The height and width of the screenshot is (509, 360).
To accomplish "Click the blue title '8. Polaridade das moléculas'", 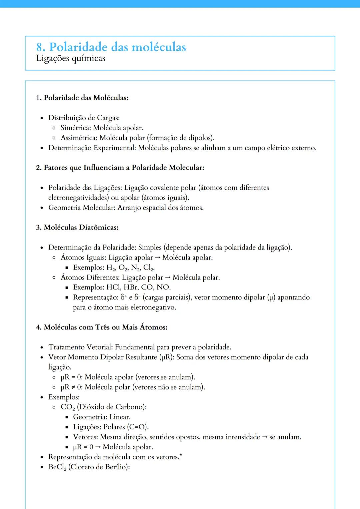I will pos(111,47).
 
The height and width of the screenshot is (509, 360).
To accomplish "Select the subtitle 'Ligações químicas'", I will pos(71,58).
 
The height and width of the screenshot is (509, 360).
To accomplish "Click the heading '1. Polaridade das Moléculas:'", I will pos(82,98).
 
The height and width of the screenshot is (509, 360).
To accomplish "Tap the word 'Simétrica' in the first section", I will pos(75,128).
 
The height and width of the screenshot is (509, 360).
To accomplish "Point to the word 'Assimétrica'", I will pos(78,138).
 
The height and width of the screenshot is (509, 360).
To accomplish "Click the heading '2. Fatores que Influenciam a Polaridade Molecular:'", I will pos(120,168).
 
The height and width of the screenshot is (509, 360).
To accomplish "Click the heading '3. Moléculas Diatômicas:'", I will pos(77,228).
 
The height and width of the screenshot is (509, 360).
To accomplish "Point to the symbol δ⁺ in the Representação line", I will pos(124,297).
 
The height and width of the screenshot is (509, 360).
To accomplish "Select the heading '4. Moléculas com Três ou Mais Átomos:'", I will pos(102,327).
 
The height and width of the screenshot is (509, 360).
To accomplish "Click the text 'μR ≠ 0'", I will pos(71,387).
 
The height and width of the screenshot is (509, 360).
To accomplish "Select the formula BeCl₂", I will pos(57,467).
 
